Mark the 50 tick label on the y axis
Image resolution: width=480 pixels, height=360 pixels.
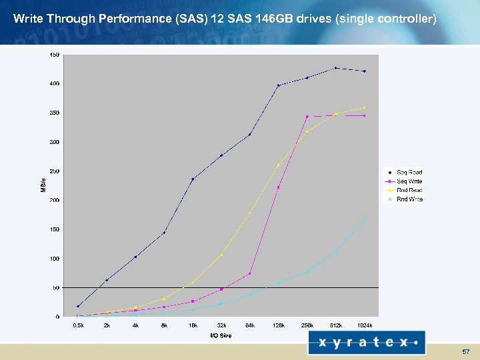[56, 287]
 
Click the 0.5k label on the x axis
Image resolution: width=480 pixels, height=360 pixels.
[78, 325]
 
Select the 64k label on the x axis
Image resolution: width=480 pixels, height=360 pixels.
[249, 325]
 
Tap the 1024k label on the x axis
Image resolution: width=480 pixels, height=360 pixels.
[364, 325]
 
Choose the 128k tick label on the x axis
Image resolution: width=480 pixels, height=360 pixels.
[278, 325]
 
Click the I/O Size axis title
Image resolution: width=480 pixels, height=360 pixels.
[221, 335]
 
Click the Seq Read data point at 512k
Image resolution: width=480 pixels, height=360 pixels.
[336, 68]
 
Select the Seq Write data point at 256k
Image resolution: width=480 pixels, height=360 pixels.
[307, 117]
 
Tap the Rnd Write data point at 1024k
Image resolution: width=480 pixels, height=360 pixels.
[364, 219]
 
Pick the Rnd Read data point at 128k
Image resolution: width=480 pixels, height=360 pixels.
[278, 165]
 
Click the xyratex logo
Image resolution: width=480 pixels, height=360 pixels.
[367, 343]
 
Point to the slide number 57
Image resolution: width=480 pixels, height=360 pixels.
[466, 351]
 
